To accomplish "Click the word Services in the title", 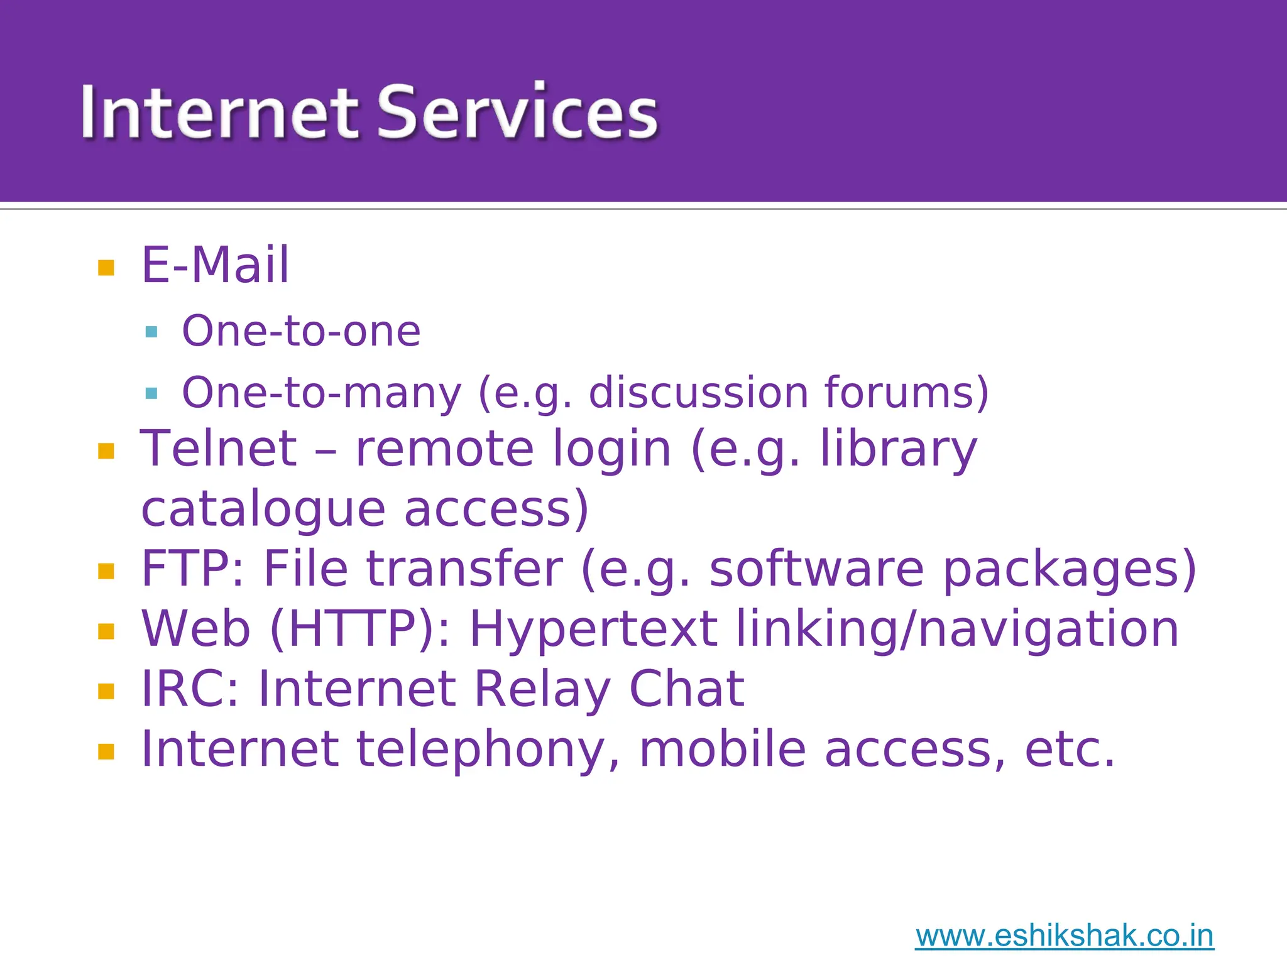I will [517, 113].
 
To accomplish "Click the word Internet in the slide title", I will [220, 113].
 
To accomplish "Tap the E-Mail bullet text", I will [215, 265].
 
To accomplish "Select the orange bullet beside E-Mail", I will [106, 268].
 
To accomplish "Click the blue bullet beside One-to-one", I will [151, 332].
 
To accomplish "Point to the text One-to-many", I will [321, 393].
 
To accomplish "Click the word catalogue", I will [263, 509].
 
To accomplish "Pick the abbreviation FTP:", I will [192, 569].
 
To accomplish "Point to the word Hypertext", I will [593, 629].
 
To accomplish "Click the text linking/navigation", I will [957, 629].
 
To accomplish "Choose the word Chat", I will [686, 689].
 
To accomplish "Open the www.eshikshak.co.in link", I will [1064, 936].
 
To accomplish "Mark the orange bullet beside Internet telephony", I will [106, 751].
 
